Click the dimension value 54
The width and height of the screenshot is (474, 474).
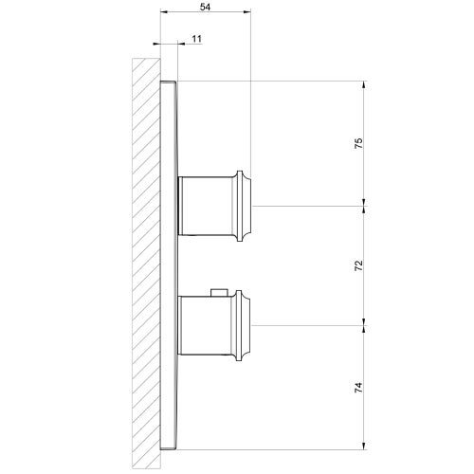[206, 6]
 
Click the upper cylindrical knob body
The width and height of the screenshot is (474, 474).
[210, 205]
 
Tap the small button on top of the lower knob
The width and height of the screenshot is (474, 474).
[221, 291]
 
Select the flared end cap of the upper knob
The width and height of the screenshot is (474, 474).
[246, 205]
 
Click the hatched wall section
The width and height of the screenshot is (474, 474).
[146, 256]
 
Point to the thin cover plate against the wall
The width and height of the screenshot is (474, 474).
[170, 256]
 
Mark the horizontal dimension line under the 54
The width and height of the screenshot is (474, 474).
[206, 13]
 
